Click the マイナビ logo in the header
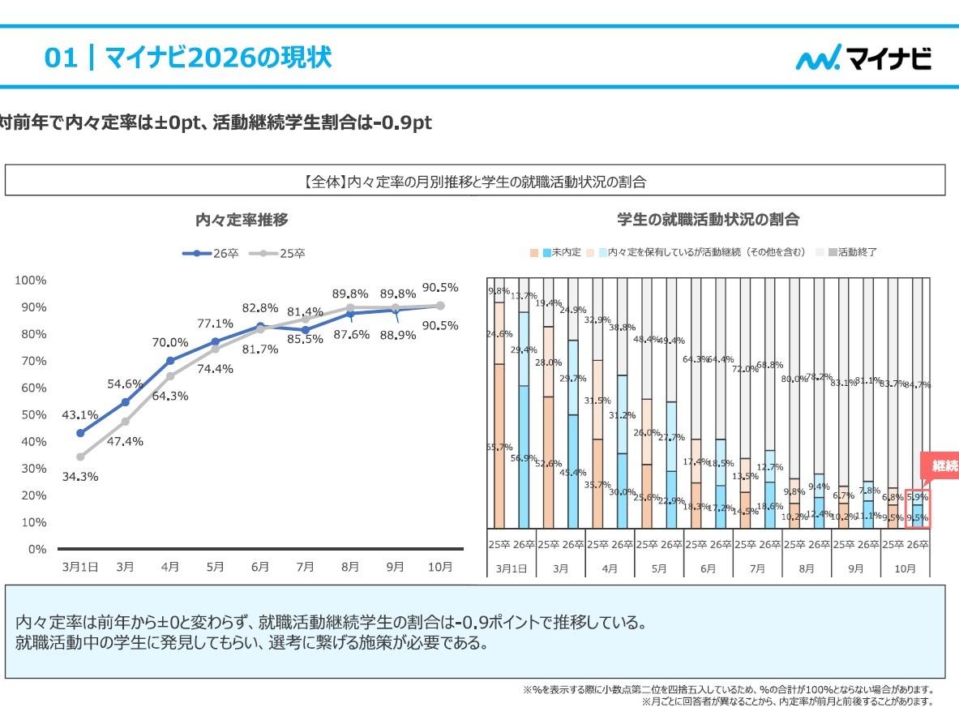point(863,58)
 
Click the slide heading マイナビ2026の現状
point(188,58)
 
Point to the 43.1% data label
point(79,414)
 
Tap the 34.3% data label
point(79,476)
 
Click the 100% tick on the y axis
point(31,280)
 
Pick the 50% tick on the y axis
point(33,414)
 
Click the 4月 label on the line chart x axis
point(170,567)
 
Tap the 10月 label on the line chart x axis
point(439,567)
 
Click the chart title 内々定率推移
point(242,219)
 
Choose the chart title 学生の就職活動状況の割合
point(708,219)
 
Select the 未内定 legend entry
point(566,252)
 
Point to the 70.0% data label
point(170,342)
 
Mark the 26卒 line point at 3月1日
point(80,433)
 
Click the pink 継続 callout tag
point(940,466)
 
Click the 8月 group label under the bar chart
point(806,568)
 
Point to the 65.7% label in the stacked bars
point(499,447)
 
